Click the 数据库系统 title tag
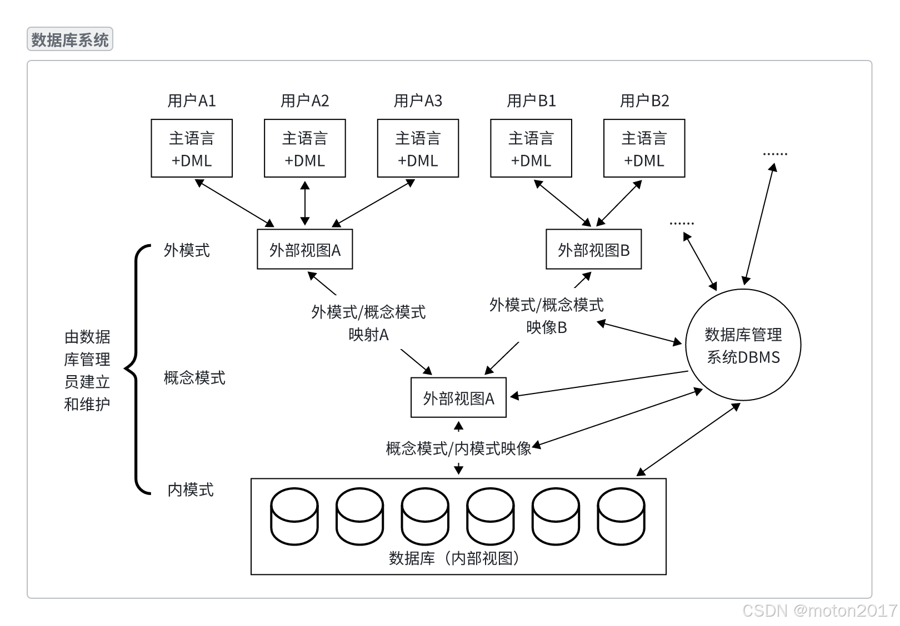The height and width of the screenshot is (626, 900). tap(70, 40)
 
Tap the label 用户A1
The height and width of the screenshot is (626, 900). tap(192, 101)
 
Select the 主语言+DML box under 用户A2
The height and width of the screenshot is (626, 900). tap(304, 148)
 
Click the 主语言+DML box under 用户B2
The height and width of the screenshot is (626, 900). tap(644, 148)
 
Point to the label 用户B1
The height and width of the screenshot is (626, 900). tap(531, 101)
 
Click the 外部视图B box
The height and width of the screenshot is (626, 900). tap(593, 250)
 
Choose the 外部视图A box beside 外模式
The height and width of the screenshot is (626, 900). tap(304, 250)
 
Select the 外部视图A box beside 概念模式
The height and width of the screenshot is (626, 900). tap(458, 398)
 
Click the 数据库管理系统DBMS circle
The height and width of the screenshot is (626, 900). tap(743, 345)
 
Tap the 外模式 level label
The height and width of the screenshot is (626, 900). tap(187, 250)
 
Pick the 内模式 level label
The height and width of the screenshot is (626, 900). tap(191, 489)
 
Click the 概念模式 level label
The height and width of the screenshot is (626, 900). tap(194, 378)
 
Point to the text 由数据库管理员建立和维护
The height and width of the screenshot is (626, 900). tap(87, 370)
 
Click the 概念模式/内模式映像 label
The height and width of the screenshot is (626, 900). tap(458, 448)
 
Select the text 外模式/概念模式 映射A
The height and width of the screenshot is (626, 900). tap(368, 323)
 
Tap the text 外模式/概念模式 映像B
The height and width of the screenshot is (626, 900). tap(546, 316)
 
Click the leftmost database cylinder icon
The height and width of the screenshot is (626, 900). tap(294, 516)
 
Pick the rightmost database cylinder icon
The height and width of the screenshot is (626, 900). tap(621, 516)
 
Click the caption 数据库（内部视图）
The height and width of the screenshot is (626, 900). tap(454, 558)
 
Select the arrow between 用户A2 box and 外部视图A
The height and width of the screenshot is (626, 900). tap(304, 203)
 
